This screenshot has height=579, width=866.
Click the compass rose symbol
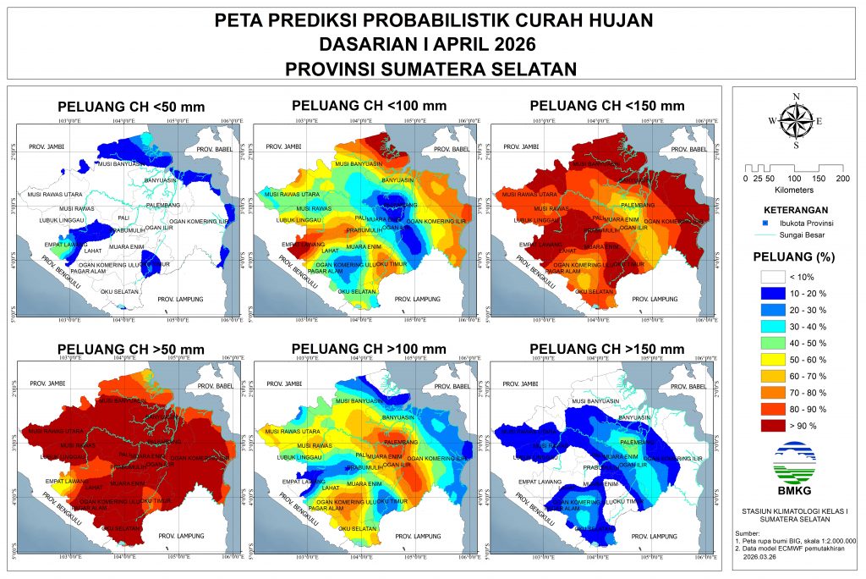pyautogui.click(x=795, y=120)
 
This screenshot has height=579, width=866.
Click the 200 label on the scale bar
pyautogui.click(x=842, y=179)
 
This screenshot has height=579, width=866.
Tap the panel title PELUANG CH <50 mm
pyautogui.click(x=131, y=107)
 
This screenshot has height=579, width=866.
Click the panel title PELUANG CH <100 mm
pyautogui.click(x=369, y=106)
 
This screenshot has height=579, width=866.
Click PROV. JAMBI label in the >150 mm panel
pyautogui.click(x=517, y=384)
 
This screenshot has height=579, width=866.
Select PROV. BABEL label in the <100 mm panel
pyautogui.click(x=449, y=150)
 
